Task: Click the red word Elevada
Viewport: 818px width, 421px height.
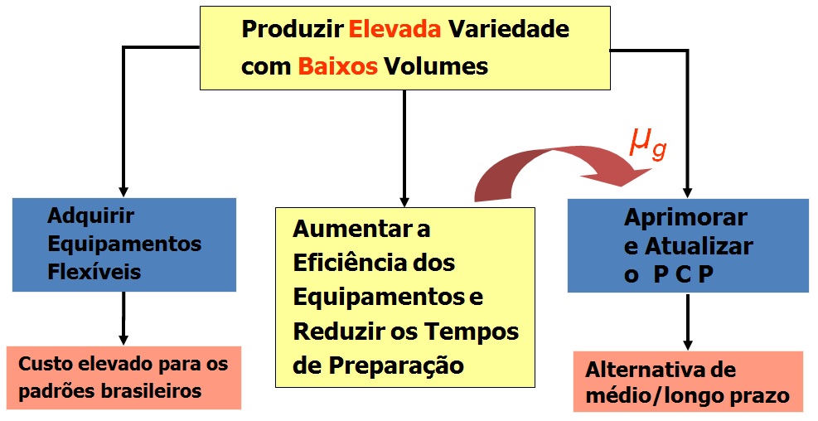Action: click(394, 30)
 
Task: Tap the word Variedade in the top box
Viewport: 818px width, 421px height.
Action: click(508, 30)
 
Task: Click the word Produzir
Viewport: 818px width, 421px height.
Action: click(292, 30)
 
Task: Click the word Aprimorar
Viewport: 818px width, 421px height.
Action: click(685, 218)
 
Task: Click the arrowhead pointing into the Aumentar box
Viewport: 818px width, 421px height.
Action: click(404, 200)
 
